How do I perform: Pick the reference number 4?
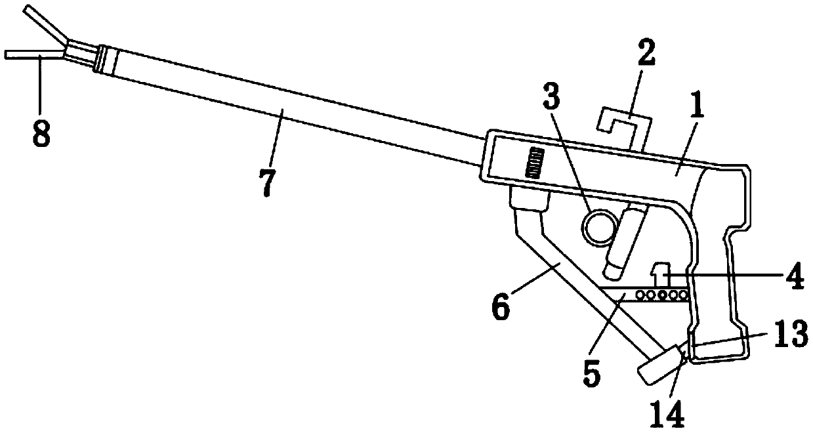tap(795, 279)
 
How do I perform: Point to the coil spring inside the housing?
tap(536, 161)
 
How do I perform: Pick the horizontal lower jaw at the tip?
tap(30, 55)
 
